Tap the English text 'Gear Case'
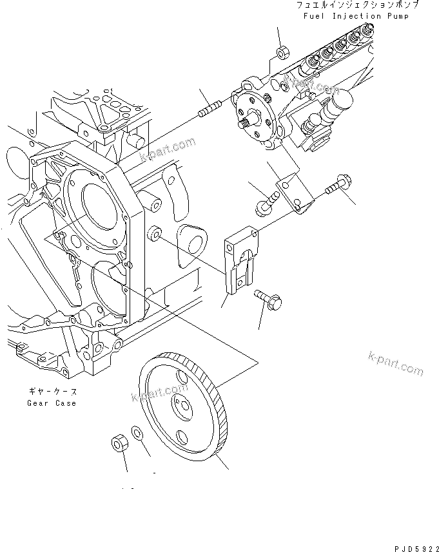[x=52, y=403]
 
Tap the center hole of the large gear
[x=180, y=406]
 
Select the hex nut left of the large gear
[x=117, y=443]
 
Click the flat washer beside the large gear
[x=137, y=432]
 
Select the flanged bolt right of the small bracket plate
[x=333, y=187]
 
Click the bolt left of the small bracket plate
[x=262, y=206]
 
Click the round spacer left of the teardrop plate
[x=155, y=233]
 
